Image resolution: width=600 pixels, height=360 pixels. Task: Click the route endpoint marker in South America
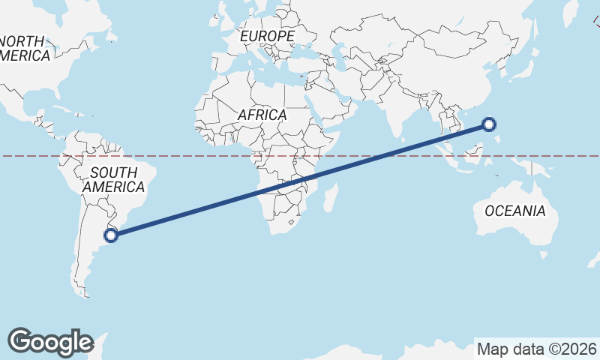pyautogui.click(x=111, y=235)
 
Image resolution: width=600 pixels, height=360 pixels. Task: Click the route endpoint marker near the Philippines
pyautogui.click(x=489, y=125)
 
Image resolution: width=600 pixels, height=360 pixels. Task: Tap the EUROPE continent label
pyautogui.click(x=267, y=36)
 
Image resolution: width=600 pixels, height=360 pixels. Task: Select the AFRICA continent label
pyautogui.click(x=262, y=115)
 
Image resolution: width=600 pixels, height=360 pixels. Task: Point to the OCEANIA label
pyautogui.click(x=515, y=211)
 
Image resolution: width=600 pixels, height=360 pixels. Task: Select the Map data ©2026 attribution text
pyautogui.click(x=537, y=349)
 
